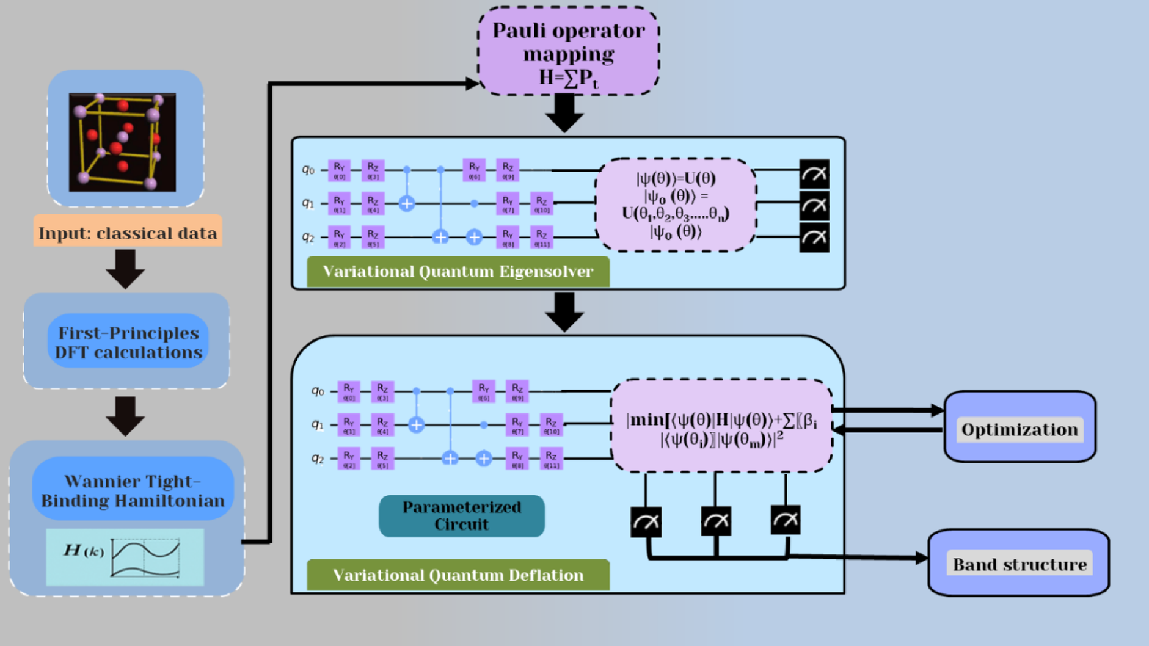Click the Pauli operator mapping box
(x=568, y=53)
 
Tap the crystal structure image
(x=123, y=142)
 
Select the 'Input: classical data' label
(x=128, y=233)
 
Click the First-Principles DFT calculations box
(x=128, y=342)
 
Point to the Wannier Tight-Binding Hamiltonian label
(x=133, y=490)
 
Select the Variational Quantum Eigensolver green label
(x=458, y=271)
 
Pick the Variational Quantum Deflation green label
(x=458, y=575)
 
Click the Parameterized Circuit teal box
(x=461, y=515)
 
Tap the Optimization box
(x=1020, y=429)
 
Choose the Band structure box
(x=1019, y=564)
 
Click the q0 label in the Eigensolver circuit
(x=308, y=169)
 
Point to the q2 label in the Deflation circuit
(x=318, y=458)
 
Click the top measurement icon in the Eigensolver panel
(x=814, y=174)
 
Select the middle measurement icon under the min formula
(x=715, y=521)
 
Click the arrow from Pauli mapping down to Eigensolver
(x=564, y=114)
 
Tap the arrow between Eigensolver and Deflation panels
(x=564, y=311)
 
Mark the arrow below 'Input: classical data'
(x=125, y=268)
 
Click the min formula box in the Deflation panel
(x=721, y=426)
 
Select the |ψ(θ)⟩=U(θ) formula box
(x=676, y=205)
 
